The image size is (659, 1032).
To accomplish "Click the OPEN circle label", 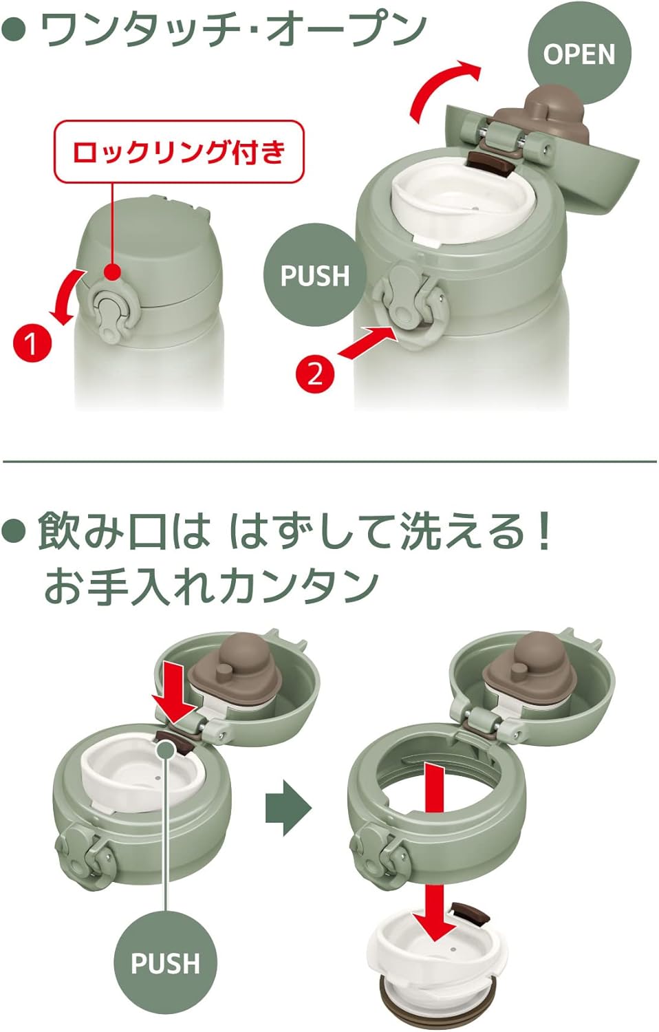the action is click(x=579, y=54).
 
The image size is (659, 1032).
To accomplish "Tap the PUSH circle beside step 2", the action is click(x=315, y=275).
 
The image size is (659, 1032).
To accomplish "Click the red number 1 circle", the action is click(x=32, y=343).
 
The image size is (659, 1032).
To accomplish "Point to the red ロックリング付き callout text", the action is click(x=179, y=152).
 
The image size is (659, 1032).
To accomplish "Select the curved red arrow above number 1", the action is click(x=67, y=297).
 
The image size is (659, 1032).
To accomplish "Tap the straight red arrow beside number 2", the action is click(x=367, y=341).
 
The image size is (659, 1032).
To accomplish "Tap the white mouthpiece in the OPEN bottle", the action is click(x=462, y=199).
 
